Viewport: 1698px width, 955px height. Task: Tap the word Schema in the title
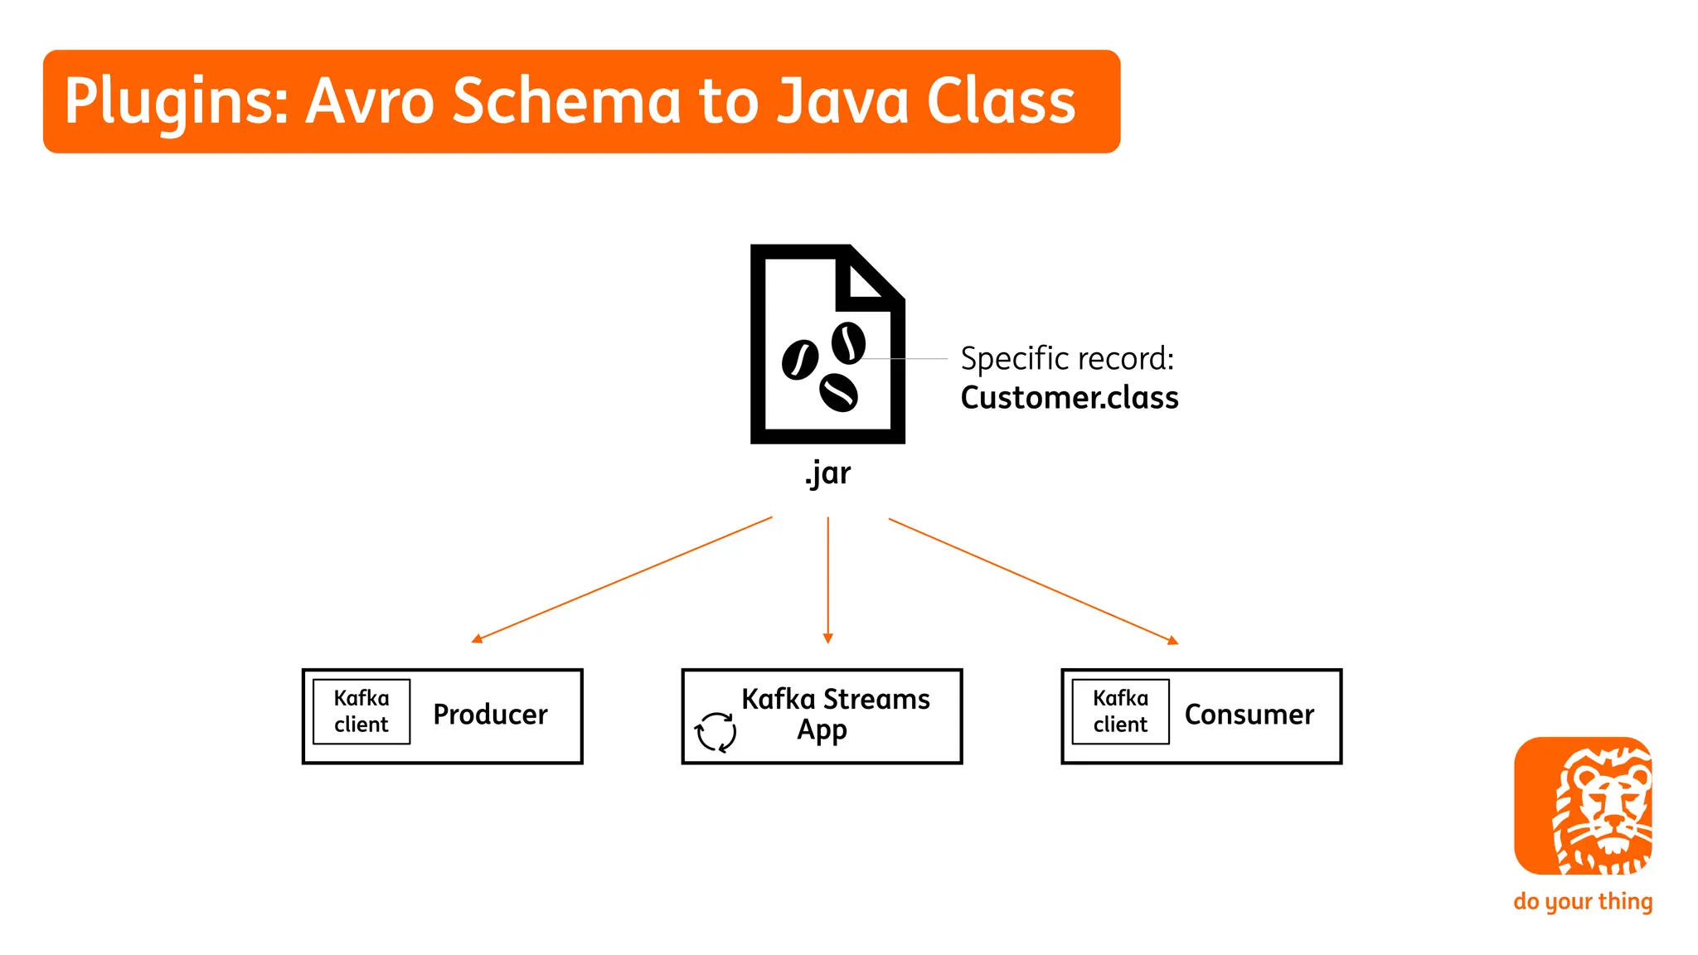(x=566, y=101)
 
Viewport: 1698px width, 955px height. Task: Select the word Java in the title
(x=842, y=101)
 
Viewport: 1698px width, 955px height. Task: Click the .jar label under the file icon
(x=827, y=473)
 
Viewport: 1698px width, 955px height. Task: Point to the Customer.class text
(x=1069, y=398)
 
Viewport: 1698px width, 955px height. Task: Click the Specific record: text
(x=1067, y=359)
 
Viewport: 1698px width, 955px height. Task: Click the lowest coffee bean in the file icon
(x=838, y=393)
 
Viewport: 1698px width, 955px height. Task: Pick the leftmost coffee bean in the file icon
(x=800, y=360)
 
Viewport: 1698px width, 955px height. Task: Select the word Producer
(x=490, y=715)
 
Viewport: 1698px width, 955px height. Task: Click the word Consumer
(x=1249, y=715)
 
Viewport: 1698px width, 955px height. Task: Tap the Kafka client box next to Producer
(x=361, y=711)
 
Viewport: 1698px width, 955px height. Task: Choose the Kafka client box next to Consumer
(x=1120, y=711)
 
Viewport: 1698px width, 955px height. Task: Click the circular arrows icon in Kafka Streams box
(x=716, y=732)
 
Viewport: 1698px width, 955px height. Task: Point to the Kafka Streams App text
(x=835, y=714)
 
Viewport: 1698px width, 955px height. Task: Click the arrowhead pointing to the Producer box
(x=477, y=638)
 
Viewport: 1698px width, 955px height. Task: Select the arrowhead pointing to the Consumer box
(x=1172, y=640)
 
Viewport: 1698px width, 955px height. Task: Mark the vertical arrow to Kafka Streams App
(x=827, y=580)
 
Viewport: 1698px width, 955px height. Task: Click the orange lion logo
(x=1583, y=806)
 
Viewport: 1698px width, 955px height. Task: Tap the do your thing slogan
(x=1583, y=901)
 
